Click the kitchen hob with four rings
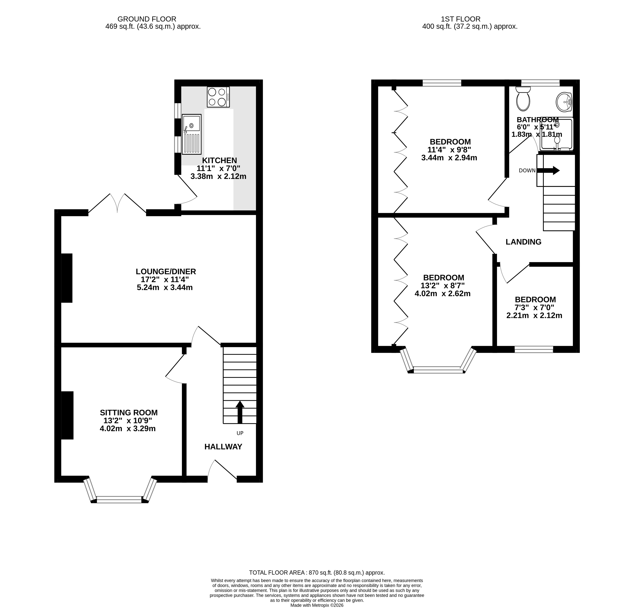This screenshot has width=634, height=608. [218, 97]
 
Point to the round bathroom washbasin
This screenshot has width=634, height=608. [564, 102]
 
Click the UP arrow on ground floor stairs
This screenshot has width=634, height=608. [240, 412]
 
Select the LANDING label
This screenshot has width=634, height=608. [523, 242]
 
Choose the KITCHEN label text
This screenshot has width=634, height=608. [220, 160]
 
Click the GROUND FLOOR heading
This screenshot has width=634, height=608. [147, 19]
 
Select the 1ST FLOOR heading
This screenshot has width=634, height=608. [461, 19]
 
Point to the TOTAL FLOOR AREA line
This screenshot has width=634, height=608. [317, 572]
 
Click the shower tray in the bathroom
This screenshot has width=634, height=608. [557, 134]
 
